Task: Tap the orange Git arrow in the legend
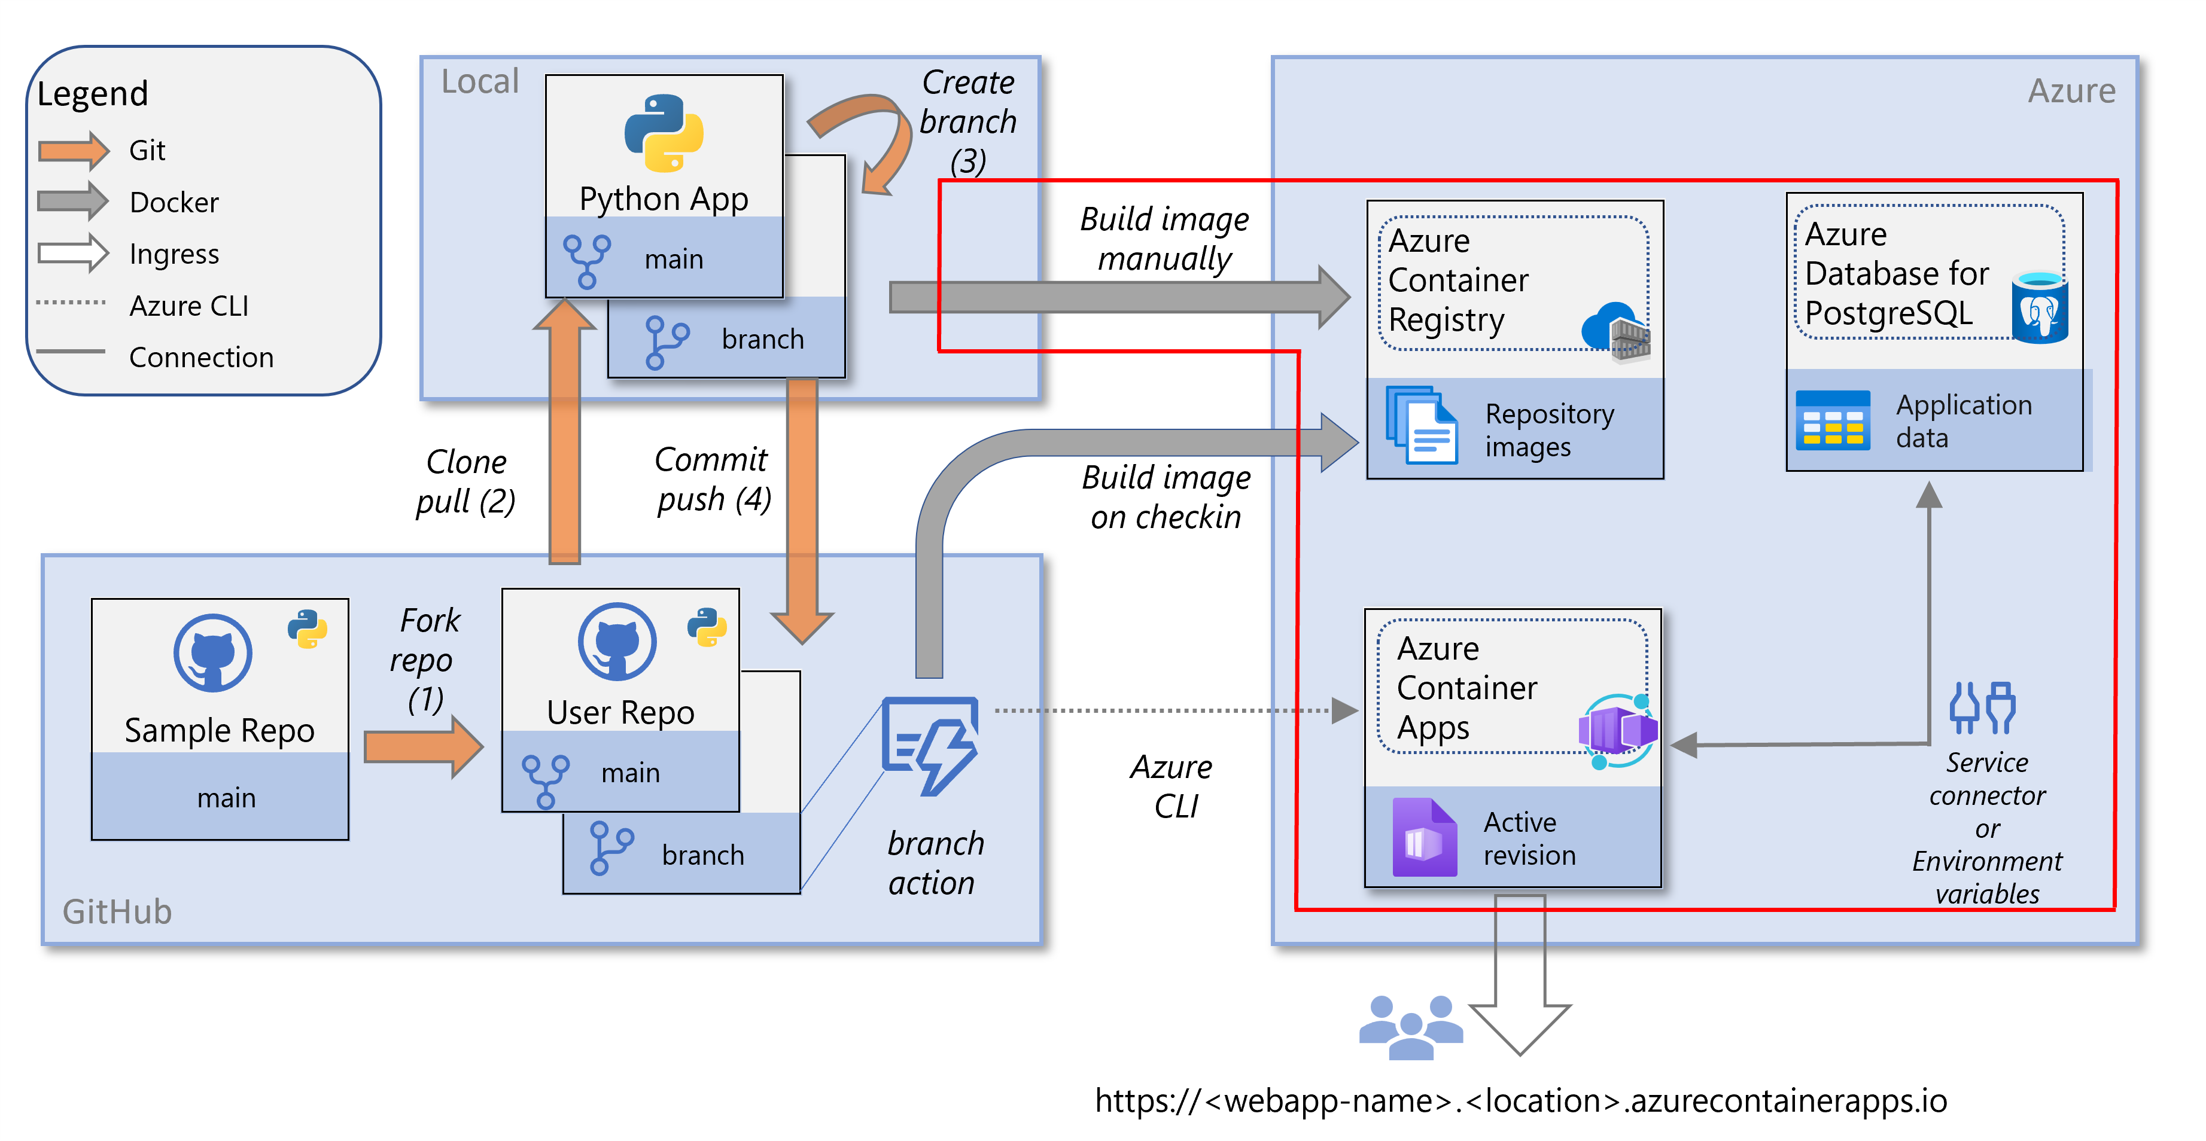74,151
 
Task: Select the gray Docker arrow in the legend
74,202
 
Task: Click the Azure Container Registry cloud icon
1615,331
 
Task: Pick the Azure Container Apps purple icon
1617,730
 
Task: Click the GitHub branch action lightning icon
931,743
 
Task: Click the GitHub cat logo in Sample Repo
212,652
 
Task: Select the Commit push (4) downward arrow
802,514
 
